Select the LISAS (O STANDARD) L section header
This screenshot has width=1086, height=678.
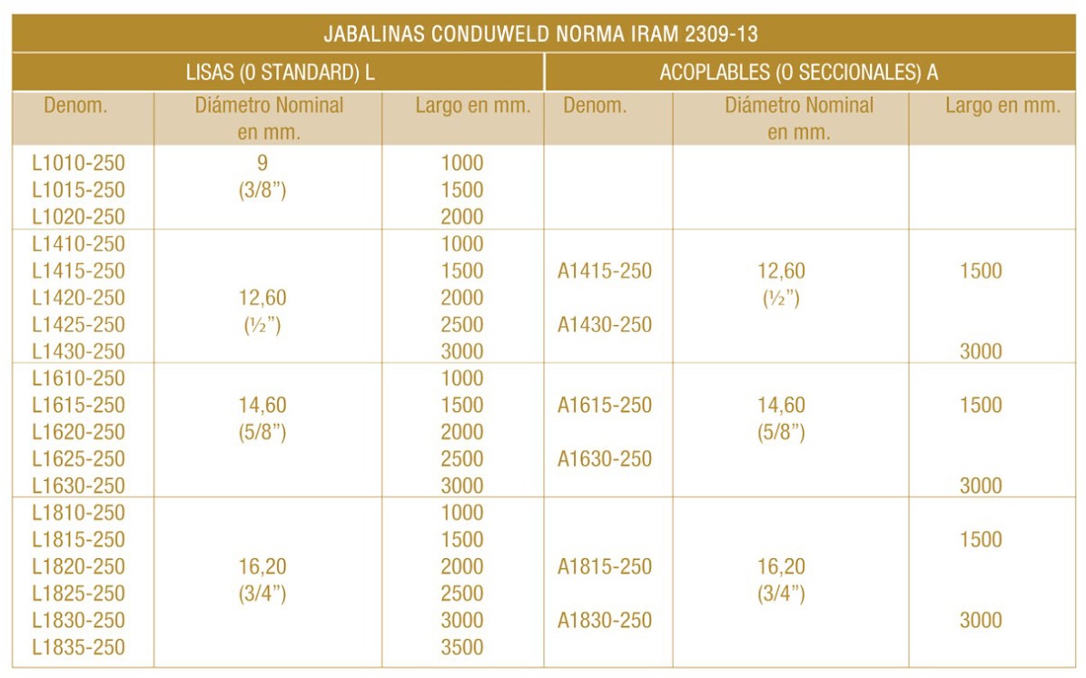point(280,73)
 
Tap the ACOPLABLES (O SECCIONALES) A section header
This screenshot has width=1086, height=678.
point(799,73)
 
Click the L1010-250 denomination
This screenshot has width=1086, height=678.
point(78,163)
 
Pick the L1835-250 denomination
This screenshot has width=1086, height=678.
point(78,647)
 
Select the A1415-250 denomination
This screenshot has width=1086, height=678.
point(605,270)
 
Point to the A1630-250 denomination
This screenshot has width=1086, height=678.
point(605,458)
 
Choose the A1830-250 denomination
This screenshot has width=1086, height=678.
point(605,621)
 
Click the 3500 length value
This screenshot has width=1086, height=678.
point(462,647)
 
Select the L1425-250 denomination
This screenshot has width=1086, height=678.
point(78,324)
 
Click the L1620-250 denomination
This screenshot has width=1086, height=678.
point(78,432)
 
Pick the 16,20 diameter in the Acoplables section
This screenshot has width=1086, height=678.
point(782,567)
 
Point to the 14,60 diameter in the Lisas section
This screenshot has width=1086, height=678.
point(263,406)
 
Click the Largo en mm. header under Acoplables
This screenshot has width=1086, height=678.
point(1002,105)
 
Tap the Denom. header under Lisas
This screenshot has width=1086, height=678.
point(75,105)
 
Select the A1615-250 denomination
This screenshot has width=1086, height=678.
point(605,406)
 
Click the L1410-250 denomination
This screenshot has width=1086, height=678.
point(78,244)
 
